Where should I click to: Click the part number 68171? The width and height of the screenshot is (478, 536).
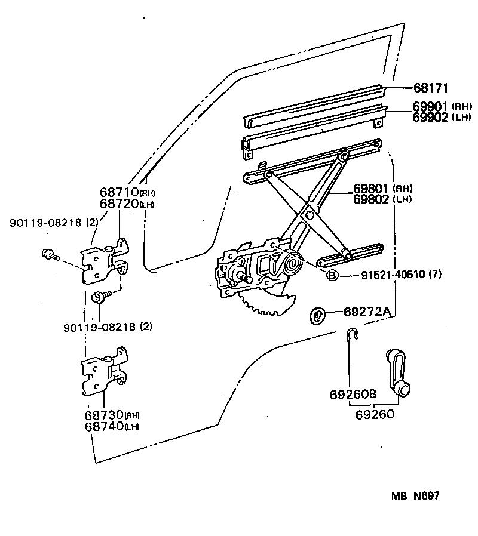(x=431, y=88)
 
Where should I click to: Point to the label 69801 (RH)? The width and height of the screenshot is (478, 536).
(x=388, y=189)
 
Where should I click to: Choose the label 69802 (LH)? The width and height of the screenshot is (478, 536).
(x=388, y=199)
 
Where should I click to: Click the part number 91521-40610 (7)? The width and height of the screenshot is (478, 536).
(x=401, y=275)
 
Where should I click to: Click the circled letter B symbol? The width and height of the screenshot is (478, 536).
(x=332, y=275)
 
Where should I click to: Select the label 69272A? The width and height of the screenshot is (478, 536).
(x=367, y=312)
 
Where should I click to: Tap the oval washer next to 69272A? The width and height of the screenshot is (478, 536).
(x=318, y=314)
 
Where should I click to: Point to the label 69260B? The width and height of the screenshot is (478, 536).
(x=353, y=395)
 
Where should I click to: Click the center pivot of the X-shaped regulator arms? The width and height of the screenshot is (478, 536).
(x=310, y=214)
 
